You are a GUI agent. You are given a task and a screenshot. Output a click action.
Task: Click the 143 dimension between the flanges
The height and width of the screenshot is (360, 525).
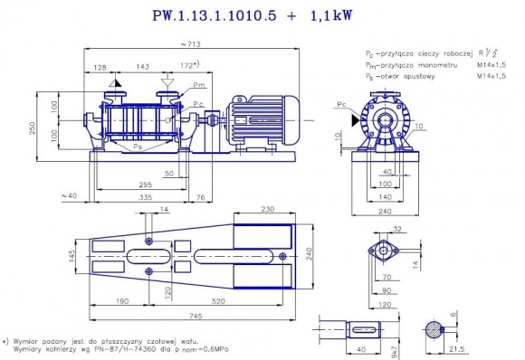coord(142,67)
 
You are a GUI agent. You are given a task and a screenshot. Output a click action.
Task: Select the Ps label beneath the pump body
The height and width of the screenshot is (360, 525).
coord(137,145)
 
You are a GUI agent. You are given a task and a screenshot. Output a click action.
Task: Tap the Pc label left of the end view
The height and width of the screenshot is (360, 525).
coord(339,106)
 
